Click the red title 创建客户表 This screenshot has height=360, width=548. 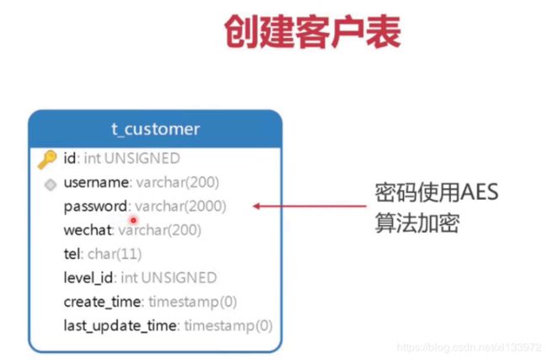point(313,32)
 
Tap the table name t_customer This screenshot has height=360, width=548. point(155,129)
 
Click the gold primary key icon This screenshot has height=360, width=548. point(47,159)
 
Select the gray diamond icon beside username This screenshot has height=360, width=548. point(51,184)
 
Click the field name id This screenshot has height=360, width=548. point(69,159)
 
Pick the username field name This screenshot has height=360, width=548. point(96,182)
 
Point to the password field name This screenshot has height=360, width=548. point(95,207)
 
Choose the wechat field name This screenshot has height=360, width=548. point(88,230)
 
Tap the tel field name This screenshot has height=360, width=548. point(73,254)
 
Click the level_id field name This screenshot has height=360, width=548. point(88,278)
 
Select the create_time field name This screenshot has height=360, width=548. point(102,302)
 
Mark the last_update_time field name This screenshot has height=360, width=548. point(121,326)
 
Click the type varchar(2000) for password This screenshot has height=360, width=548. point(180,207)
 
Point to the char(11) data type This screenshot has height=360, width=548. point(115,254)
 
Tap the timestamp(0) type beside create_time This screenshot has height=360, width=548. point(192,302)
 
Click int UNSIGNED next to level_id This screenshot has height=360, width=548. point(169,278)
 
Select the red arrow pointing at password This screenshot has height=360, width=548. point(309,207)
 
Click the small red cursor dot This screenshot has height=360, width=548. point(133,220)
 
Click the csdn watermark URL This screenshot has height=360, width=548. point(469,347)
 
